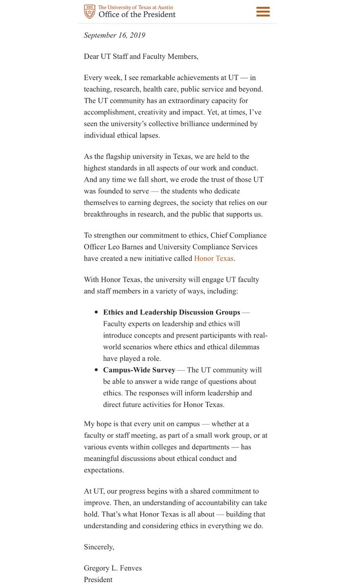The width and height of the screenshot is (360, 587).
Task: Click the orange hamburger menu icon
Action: click(263, 12)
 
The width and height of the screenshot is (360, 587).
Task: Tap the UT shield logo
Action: click(90, 11)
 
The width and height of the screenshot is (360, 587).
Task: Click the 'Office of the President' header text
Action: click(137, 15)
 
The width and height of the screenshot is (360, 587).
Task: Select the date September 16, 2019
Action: click(114, 35)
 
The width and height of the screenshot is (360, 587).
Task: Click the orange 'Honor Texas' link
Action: click(214, 258)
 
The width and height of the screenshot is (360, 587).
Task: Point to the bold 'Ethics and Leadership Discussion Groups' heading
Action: click(172, 312)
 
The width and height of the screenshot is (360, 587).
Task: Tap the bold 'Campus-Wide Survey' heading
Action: click(139, 370)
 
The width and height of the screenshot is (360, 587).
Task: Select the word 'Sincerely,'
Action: click(99, 547)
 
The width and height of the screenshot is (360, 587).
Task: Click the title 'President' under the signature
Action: click(98, 580)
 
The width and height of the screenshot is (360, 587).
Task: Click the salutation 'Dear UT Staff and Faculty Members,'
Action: click(141, 57)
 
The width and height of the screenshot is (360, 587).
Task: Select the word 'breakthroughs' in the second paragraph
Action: click(107, 214)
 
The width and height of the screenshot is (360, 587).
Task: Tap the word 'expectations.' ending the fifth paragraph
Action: click(104, 470)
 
